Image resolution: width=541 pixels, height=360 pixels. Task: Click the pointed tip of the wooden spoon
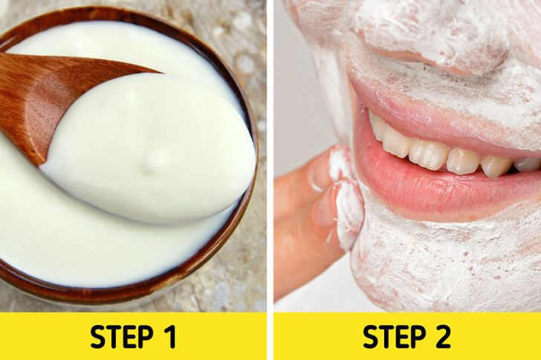[x=161, y=73]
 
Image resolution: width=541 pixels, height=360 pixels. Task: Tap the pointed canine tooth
[x=494, y=167]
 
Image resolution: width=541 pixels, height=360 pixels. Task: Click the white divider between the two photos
[x=270, y=180]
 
